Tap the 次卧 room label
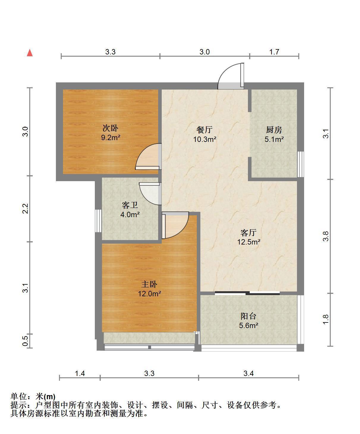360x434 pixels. (x=110, y=128)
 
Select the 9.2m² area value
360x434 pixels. (x=111, y=137)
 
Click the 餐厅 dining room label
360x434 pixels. (x=205, y=130)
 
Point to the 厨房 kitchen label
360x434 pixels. (x=274, y=130)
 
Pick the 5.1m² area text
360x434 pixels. (x=274, y=139)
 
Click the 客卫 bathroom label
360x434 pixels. (x=130, y=205)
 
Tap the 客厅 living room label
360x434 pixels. (x=249, y=233)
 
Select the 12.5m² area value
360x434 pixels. (x=249, y=242)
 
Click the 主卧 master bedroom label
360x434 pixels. (x=149, y=284)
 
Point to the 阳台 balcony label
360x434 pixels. (x=249, y=316)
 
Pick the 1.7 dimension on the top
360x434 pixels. (x=274, y=52)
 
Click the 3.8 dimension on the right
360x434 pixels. (x=326, y=236)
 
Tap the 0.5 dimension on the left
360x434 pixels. (x=25, y=341)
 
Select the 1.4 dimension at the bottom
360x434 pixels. (x=80, y=374)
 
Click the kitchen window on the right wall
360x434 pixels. (x=301, y=164)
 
